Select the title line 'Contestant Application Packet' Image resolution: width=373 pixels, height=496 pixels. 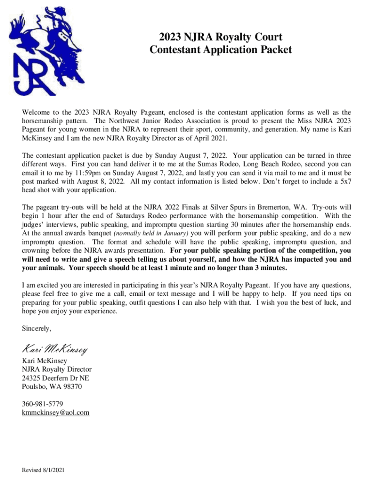tap(220, 49)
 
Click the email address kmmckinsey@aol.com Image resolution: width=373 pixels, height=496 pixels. tap(56, 412)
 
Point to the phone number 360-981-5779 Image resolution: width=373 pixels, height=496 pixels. tap(43, 403)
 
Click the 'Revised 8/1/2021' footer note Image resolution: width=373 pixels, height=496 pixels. tap(44, 470)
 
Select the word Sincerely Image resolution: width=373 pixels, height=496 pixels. tap(36, 328)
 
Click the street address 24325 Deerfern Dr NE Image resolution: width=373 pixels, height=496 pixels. tap(56, 378)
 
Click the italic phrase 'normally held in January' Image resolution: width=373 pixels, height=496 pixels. tap(150, 233)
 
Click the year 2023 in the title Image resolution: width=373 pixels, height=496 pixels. tap(172, 37)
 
